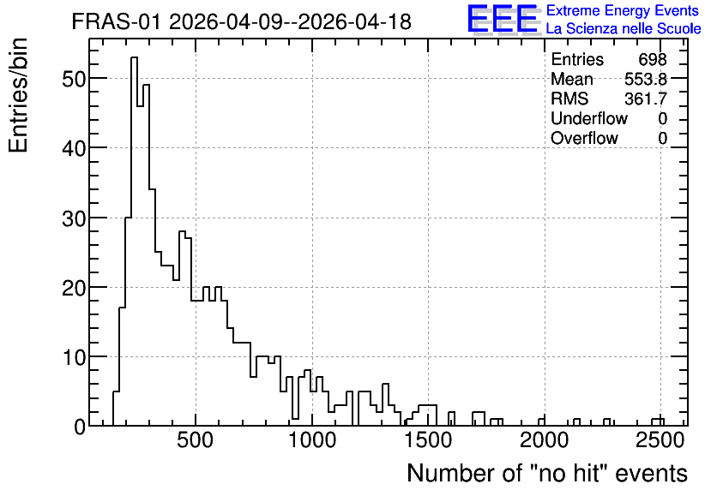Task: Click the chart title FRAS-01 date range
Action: [242, 21]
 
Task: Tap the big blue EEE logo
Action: [503, 19]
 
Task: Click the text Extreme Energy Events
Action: [623, 10]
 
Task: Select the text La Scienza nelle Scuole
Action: [624, 29]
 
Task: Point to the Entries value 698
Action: [653, 59]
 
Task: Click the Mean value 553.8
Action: [646, 80]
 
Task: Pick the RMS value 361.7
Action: [646, 99]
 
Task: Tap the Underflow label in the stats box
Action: [589, 118]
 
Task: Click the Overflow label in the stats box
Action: [584, 138]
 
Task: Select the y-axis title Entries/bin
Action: [19, 95]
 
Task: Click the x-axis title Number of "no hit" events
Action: [547, 473]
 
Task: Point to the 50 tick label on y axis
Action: [74, 80]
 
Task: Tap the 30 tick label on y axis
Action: [74, 218]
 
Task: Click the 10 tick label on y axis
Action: [74, 357]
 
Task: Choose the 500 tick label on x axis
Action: [196, 440]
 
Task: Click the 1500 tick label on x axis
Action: [428, 440]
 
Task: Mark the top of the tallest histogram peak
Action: [135, 57]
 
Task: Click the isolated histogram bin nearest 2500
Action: [658, 419]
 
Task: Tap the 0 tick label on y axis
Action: [80, 427]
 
